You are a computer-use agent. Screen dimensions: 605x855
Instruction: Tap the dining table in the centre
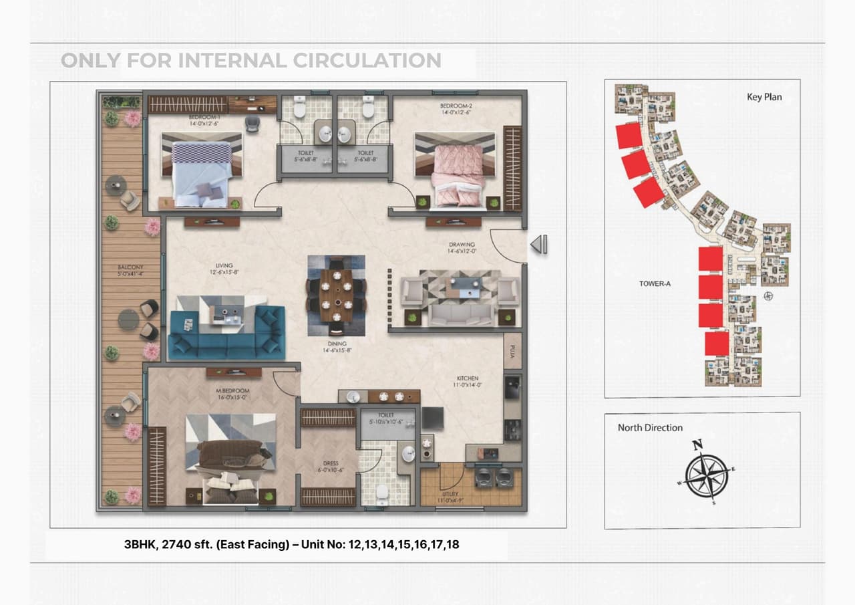point(336,295)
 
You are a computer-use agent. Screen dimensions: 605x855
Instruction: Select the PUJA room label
point(512,351)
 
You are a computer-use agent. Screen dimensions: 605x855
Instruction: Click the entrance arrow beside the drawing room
point(539,245)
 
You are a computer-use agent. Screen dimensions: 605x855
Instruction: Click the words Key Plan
point(764,97)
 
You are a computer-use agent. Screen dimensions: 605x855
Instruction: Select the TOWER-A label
point(655,283)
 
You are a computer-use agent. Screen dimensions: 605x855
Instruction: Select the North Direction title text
point(650,428)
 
